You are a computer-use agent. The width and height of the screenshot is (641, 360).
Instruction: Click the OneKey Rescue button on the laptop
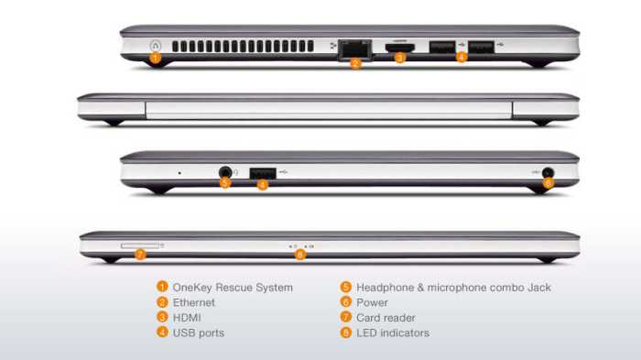point(156,46)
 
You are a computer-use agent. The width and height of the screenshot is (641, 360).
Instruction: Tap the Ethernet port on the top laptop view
point(355,49)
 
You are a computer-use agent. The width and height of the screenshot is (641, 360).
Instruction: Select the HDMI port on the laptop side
point(400,48)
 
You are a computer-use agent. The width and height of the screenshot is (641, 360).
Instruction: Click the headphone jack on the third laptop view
point(225,172)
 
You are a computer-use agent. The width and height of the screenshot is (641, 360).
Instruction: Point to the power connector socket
point(548,172)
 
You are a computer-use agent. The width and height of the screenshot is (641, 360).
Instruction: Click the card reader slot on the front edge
point(140,245)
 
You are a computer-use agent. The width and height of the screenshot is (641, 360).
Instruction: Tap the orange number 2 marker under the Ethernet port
point(356,63)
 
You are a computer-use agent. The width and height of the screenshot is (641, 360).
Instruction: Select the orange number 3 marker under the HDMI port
point(400,58)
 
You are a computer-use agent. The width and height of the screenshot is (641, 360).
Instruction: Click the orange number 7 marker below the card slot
point(140,255)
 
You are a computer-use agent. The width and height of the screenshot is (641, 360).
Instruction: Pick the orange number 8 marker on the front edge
point(300,255)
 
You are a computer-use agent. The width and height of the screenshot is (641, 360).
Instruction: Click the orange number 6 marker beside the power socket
point(549,183)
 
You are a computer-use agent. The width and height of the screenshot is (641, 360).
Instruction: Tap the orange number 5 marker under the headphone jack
point(225,183)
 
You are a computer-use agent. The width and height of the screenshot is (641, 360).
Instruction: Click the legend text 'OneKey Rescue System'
point(233,288)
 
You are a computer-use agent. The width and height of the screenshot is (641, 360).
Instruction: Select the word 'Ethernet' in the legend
point(194,302)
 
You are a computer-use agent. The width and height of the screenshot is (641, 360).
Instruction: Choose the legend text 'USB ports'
point(199,333)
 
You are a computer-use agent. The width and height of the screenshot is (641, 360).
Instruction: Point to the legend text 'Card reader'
point(386,318)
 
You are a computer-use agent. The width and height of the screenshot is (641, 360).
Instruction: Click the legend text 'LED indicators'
point(393,333)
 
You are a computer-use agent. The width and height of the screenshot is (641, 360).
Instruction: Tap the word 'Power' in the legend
point(372,302)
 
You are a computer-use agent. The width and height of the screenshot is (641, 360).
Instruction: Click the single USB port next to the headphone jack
point(263,173)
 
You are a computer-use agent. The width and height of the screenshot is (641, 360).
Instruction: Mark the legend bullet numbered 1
point(162,287)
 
